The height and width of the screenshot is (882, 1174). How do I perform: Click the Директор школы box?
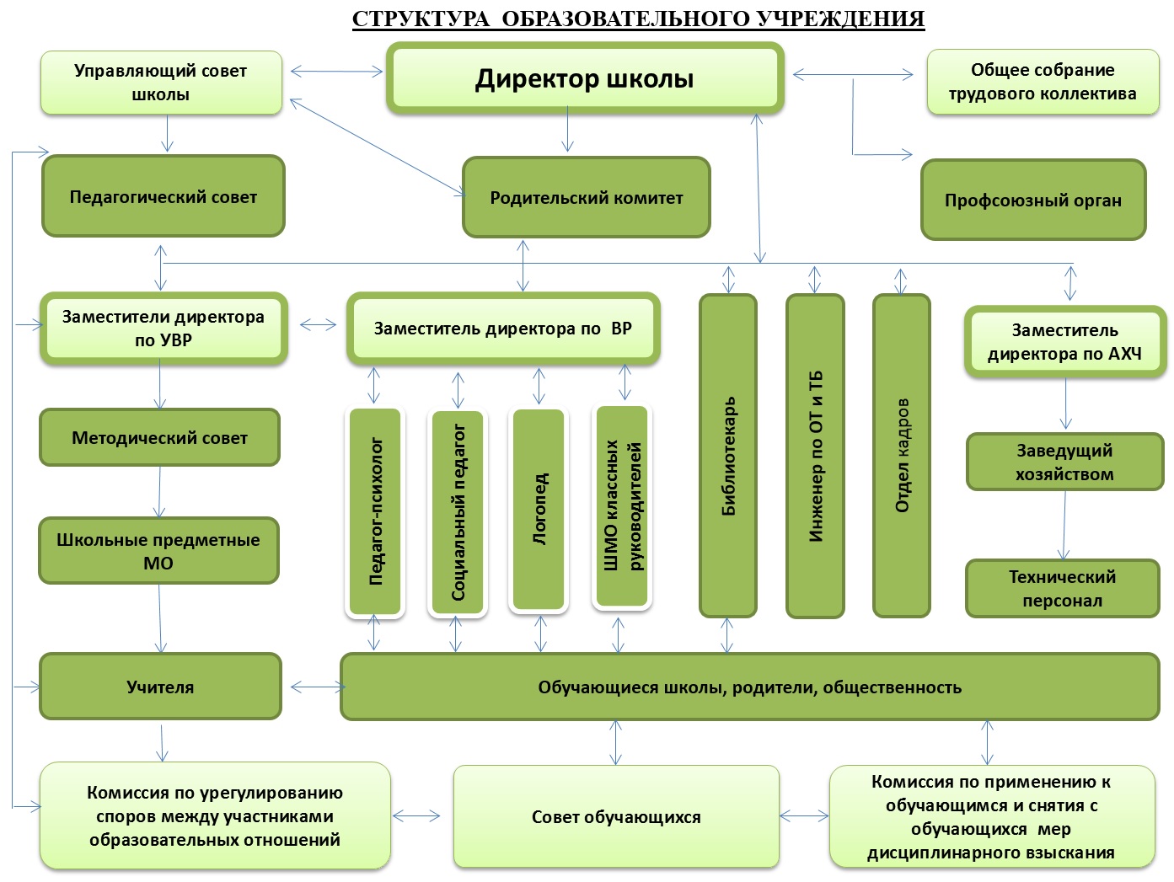point(585,78)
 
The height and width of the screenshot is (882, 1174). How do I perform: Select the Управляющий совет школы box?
point(161,83)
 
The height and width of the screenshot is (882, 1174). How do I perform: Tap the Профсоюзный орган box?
point(1032,200)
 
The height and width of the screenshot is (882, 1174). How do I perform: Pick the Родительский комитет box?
point(587,197)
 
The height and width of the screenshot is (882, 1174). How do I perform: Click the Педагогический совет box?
point(164,196)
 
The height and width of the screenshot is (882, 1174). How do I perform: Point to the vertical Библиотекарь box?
point(728,456)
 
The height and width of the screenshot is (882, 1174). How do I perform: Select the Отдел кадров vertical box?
point(902,456)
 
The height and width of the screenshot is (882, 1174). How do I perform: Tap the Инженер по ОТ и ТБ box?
point(815,456)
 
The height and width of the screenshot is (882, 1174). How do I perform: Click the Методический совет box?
point(159,438)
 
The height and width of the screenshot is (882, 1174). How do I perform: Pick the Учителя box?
point(160,687)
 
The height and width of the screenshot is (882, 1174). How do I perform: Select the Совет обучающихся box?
point(616,816)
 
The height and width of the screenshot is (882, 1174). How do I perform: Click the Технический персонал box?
point(1063,589)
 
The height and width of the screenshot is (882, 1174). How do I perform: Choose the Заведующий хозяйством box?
point(1065,462)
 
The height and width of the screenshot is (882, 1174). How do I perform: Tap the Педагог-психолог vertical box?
point(375,511)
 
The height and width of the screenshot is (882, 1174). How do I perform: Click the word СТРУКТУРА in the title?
point(421,19)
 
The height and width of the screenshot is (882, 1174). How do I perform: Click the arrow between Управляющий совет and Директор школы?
point(336,71)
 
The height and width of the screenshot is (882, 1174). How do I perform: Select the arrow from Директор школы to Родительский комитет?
point(567,129)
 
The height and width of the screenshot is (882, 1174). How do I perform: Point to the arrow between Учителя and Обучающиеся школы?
point(317,687)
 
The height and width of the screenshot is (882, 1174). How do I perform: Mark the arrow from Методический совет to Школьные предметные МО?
point(159,492)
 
